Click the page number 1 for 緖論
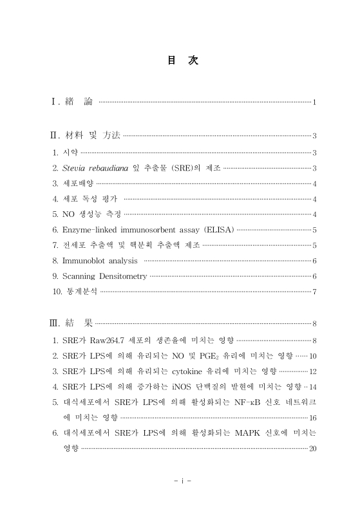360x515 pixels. pos(314,103)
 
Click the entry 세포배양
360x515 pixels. pos(78,183)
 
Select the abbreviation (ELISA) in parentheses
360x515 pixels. pos(219,230)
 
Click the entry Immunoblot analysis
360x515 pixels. pos(100,261)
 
